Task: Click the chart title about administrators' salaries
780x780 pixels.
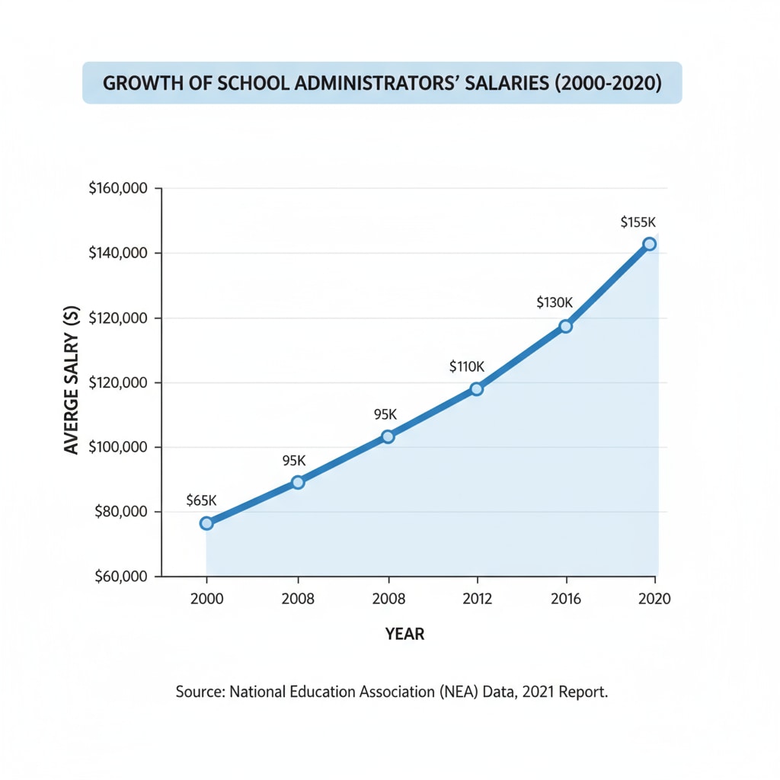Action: (x=382, y=83)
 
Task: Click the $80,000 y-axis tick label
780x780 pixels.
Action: (x=120, y=512)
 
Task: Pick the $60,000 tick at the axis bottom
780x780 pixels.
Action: (x=120, y=577)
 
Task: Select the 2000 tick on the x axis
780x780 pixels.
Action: (x=206, y=599)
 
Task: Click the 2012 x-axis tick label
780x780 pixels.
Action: (x=476, y=599)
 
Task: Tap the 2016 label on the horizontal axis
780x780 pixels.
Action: (x=565, y=599)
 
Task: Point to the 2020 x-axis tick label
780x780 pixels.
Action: (x=654, y=599)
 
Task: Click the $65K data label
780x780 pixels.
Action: (x=202, y=500)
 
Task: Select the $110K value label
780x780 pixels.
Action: (x=466, y=366)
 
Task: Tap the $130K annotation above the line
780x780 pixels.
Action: (x=554, y=302)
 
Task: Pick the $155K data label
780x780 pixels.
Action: (x=638, y=222)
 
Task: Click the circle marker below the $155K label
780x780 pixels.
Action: (x=649, y=244)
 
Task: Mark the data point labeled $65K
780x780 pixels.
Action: (x=206, y=523)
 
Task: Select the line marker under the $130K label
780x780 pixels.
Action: (x=565, y=326)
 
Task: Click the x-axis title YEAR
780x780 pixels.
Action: (x=404, y=634)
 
